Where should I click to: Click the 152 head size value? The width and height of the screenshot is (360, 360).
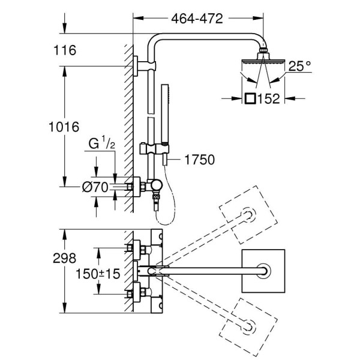tap(270, 98)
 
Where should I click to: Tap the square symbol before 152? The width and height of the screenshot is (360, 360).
tap(251, 98)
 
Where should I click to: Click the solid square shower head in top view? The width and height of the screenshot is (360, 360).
tap(263, 271)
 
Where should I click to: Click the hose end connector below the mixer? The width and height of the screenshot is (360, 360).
tap(158, 204)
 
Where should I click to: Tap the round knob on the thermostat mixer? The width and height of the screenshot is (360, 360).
tap(157, 186)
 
